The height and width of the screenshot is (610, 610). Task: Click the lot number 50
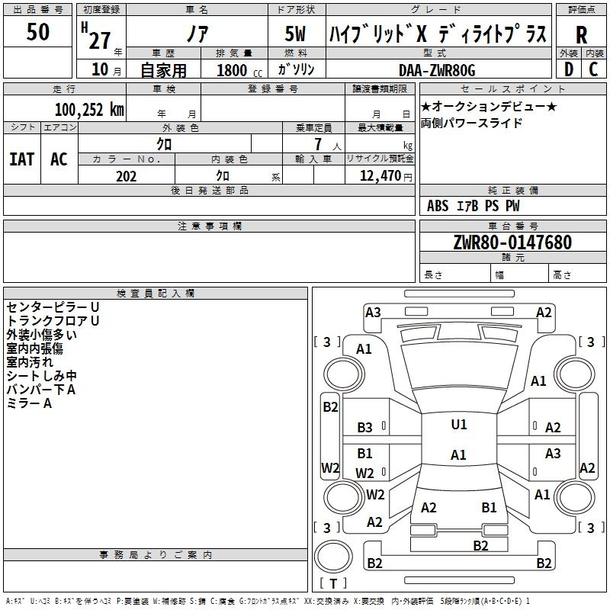tap(38, 33)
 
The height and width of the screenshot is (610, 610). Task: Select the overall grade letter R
tap(582, 35)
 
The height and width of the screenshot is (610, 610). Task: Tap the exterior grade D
tap(569, 69)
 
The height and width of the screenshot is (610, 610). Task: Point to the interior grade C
tap(594, 69)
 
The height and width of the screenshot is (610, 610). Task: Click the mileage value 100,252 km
tap(89, 110)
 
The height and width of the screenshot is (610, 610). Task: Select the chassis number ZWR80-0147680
tap(512, 243)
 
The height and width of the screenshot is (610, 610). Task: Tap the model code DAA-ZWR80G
tap(437, 70)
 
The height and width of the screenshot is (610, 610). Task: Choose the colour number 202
tap(126, 176)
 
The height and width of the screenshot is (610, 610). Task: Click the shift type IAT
tap(21, 159)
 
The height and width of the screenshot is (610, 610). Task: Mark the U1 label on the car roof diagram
tap(458, 425)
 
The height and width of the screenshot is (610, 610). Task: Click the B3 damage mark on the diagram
tap(365, 428)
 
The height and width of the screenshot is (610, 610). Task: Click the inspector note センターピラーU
tap(53, 307)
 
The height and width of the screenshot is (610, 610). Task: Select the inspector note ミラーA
tap(29, 403)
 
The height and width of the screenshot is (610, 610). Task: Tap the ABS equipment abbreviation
tap(438, 206)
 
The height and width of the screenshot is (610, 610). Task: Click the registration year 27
tap(100, 38)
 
